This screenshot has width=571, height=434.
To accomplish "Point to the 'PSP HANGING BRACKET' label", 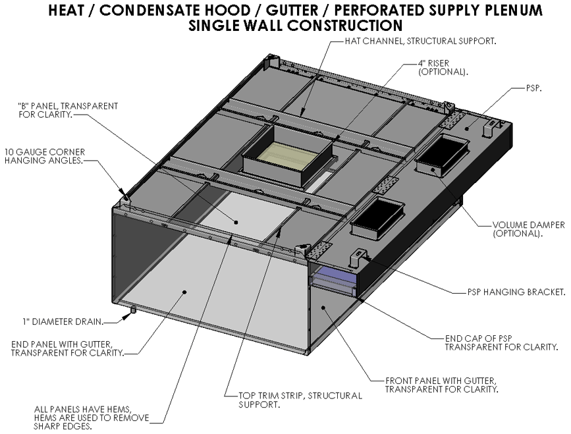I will (508, 291).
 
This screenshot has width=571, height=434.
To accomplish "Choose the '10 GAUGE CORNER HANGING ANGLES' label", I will (44, 156).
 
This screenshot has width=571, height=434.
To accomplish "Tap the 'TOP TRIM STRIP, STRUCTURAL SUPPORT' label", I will (300, 400).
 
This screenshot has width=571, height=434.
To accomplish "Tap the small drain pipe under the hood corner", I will (133, 310).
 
